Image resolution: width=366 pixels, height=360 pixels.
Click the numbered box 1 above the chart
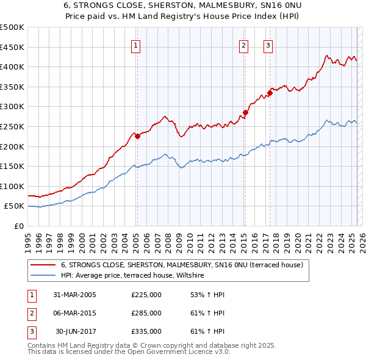tap(135, 45)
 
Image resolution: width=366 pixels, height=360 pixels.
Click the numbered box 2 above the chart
tap(243, 45)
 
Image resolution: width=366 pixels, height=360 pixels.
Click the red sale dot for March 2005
tap(137, 137)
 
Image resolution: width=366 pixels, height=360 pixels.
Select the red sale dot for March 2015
tap(245, 112)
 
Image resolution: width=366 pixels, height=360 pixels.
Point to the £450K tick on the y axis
tap(12, 47)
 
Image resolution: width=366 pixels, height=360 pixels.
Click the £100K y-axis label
tap(12, 186)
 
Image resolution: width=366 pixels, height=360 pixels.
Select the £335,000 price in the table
tap(146, 332)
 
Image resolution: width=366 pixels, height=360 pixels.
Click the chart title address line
tap(182, 5)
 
